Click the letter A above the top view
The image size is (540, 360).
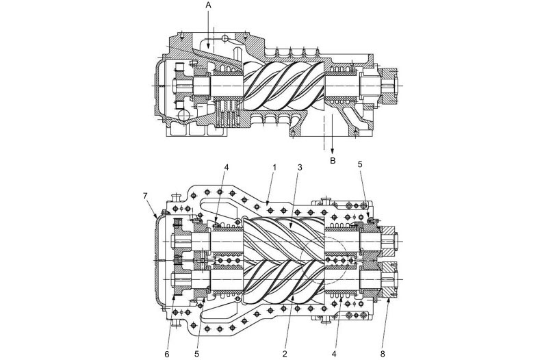208,6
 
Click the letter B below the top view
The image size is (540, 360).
333,161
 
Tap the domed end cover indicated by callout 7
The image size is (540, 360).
158,261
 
